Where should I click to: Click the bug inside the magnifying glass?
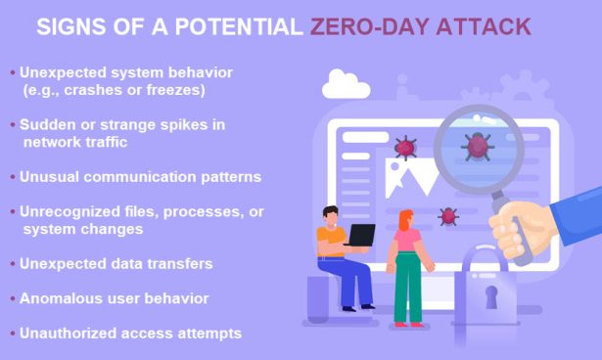[x=477, y=148]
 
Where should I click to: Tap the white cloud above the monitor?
[x=346, y=85]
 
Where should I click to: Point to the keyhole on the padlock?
[x=491, y=297]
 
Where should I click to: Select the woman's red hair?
[x=403, y=220]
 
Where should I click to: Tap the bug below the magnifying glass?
[x=448, y=216]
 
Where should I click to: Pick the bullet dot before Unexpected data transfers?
[x=12, y=264]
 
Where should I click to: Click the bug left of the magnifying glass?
[x=404, y=148]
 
